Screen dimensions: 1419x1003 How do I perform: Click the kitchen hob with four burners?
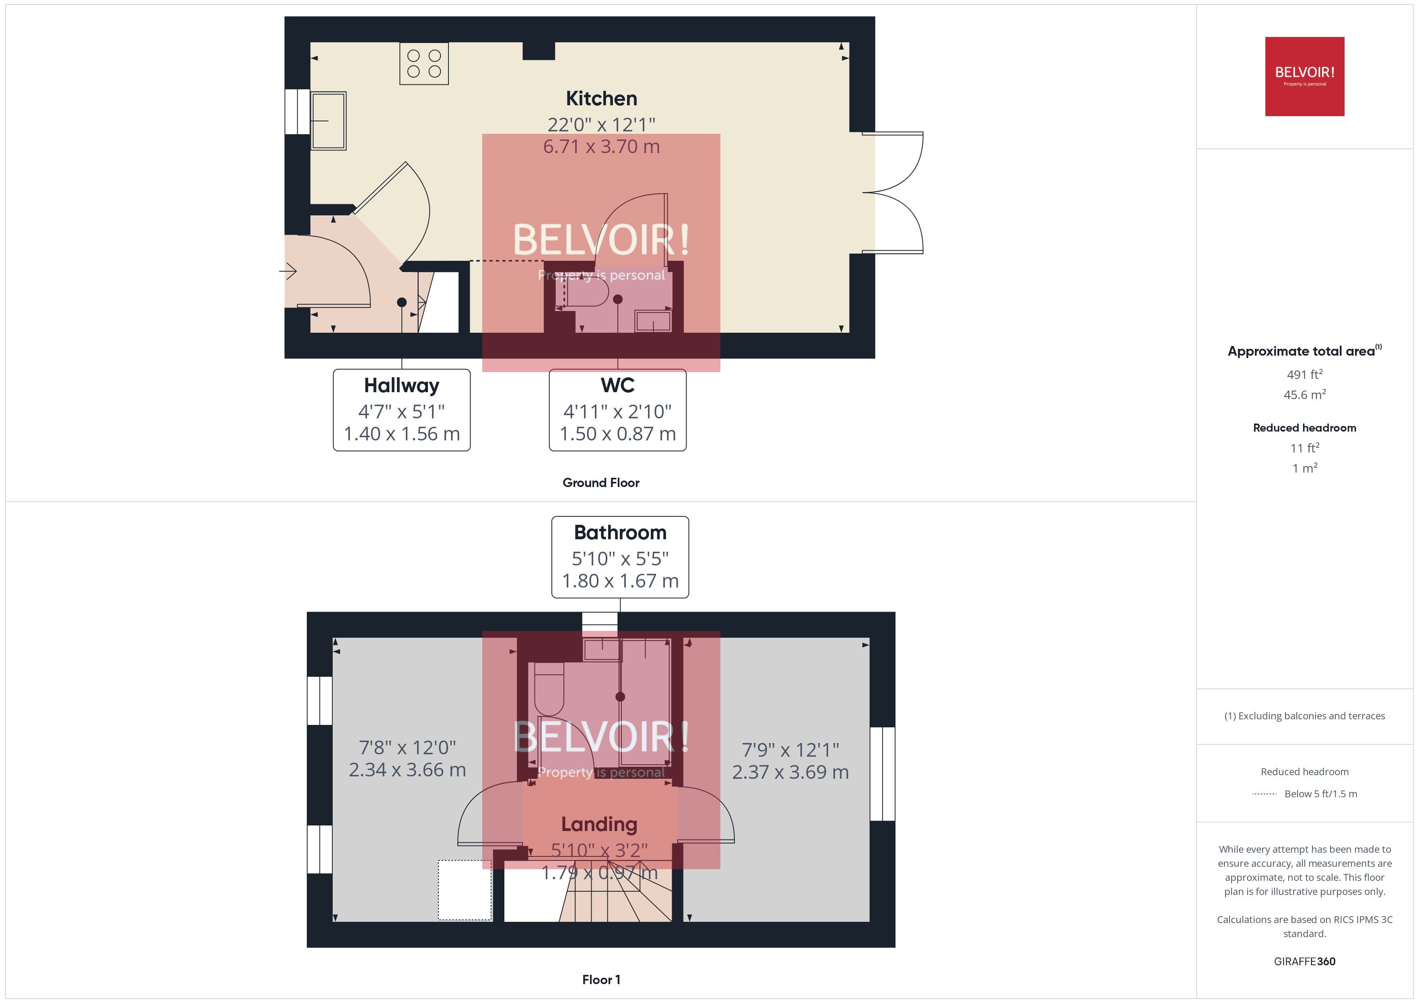[x=424, y=63]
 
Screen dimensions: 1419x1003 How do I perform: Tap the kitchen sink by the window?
[x=328, y=121]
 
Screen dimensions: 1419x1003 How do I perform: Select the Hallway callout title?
[x=402, y=385]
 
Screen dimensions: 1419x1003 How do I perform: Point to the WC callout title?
[x=617, y=385]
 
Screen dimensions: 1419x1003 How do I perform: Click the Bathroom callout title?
[x=620, y=532]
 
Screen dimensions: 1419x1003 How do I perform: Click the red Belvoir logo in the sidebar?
[x=1305, y=77]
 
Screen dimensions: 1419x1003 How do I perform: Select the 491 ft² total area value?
[x=1305, y=374]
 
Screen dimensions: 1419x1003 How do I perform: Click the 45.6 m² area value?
[x=1305, y=394]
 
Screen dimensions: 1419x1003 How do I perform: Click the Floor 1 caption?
[x=601, y=980]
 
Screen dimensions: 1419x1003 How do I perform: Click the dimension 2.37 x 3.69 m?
[x=790, y=772]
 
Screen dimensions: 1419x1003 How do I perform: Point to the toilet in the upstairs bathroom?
[x=549, y=689]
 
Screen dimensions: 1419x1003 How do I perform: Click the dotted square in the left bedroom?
[x=465, y=890]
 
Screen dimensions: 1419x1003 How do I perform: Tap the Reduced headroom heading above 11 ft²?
[x=1305, y=428]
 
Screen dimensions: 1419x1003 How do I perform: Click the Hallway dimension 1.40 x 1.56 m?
[x=402, y=434]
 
